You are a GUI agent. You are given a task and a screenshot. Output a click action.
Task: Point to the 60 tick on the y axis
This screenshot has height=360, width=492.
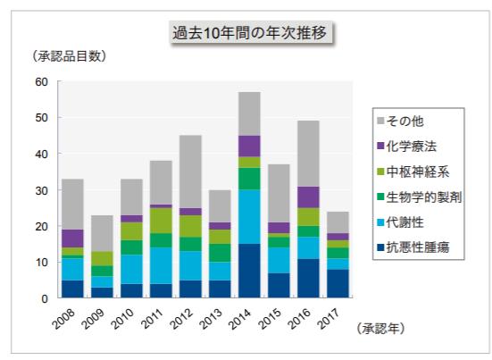[40, 81]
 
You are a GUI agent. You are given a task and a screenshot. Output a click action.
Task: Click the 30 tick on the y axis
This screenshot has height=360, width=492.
[40, 190]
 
